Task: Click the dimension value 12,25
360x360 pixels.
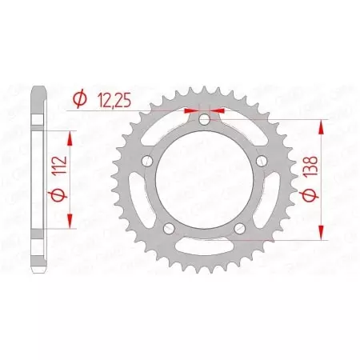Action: (x=118, y=100)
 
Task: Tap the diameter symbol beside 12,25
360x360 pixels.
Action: (x=79, y=100)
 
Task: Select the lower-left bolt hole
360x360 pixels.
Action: (x=167, y=230)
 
